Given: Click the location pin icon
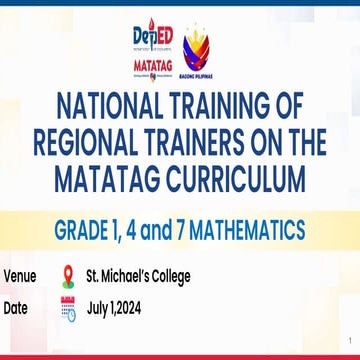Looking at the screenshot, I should (68, 276).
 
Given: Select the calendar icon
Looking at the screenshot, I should (68, 307).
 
